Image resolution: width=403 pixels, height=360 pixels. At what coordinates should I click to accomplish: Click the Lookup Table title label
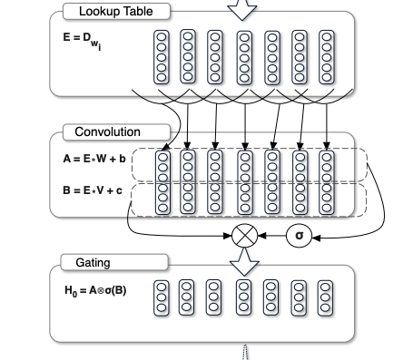point(117,10)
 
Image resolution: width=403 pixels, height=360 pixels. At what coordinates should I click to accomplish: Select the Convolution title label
point(113,131)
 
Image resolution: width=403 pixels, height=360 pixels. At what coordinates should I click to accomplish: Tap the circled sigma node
point(299,236)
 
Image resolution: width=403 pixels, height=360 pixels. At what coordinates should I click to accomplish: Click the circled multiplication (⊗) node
point(244,236)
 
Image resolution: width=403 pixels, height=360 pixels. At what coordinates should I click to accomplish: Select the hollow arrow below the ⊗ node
point(243,261)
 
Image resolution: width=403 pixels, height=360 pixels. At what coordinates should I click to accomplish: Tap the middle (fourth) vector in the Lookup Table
point(244,56)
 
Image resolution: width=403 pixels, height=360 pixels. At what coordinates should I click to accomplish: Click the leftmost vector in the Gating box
point(162,297)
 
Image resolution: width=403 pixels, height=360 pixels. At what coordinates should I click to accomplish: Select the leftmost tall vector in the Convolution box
point(163,182)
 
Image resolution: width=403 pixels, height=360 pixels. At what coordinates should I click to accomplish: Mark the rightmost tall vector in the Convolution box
point(327,182)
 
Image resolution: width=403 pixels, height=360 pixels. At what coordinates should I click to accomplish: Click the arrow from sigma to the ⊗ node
point(271,236)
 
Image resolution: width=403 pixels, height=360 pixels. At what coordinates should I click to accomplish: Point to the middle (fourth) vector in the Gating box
point(244,297)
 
